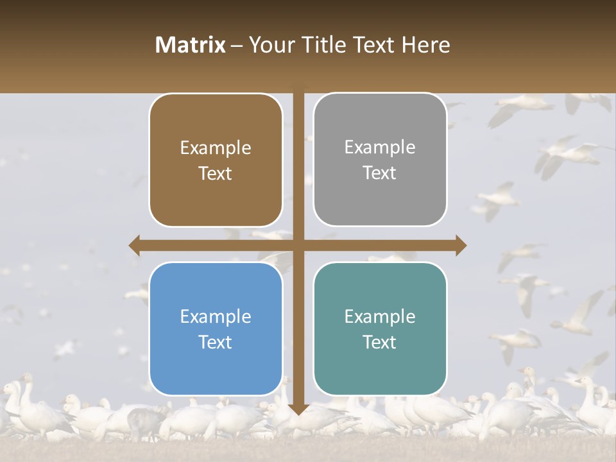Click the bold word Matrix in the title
[x=191, y=45]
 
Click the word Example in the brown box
[x=216, y=148]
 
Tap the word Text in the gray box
[x=380, y=173]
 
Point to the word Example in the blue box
[x=216, y=317]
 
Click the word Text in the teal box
[x=380, y=342]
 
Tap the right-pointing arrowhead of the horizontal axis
[x=461, y=245]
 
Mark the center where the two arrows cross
[x=298, y=245]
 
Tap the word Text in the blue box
[x=216, y=342]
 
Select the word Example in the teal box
[x=380, y=317]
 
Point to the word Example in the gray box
[x=380, y=148]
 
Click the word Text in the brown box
[x=216, y=174]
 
